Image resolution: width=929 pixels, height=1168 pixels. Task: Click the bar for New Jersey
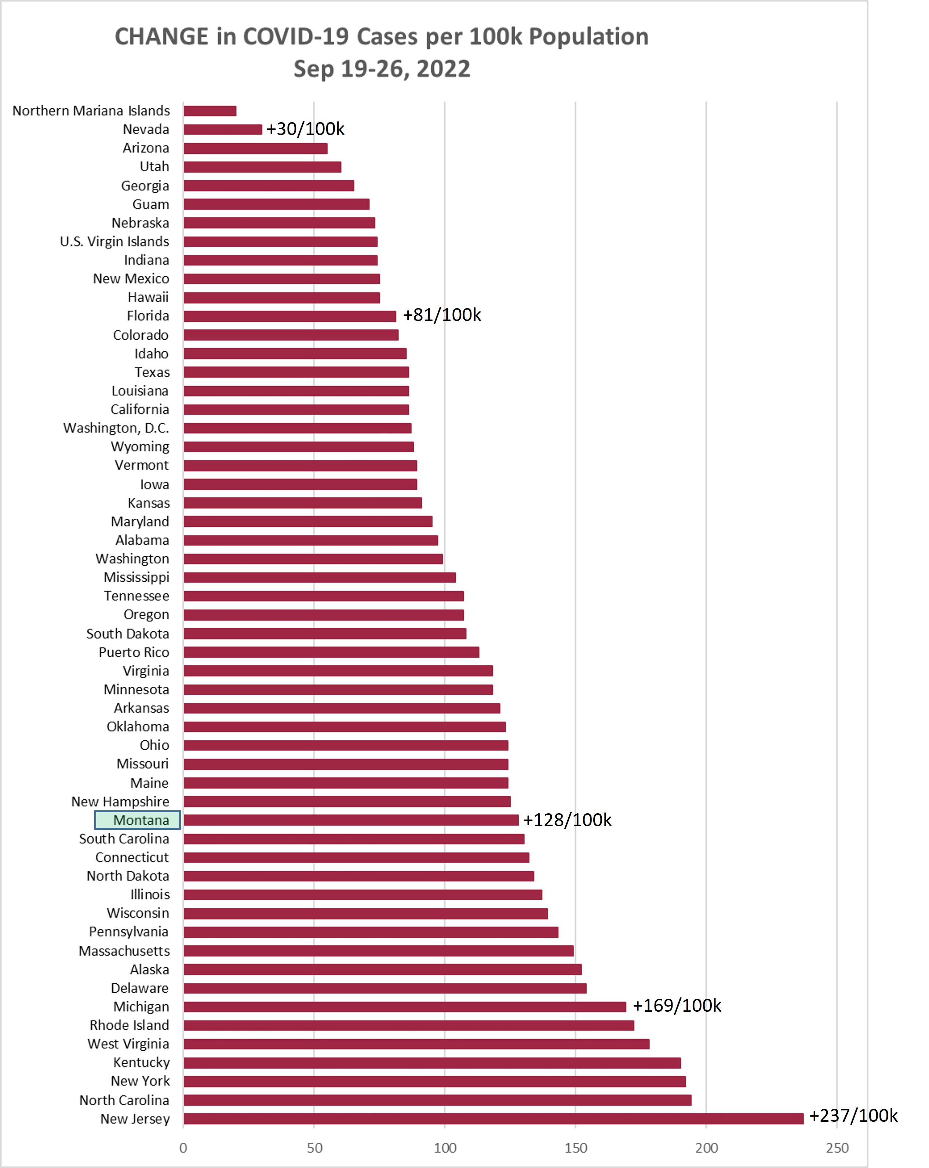click(x=493, y=1119)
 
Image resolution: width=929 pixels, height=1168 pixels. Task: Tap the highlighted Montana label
click(x=138, y=820)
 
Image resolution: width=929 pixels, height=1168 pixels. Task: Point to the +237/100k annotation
click(x=853, y=1116)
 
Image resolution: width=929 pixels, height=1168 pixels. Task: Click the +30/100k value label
click(x=306, y=129)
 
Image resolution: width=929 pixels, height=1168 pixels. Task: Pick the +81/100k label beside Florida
click(x=442, y=315)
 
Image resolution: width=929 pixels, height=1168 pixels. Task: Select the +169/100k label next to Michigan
click(x=677, y=1005)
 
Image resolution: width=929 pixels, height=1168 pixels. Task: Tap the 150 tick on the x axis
click(x=576, y=1148)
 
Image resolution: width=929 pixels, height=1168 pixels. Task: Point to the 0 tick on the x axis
click(x=183, y=1148)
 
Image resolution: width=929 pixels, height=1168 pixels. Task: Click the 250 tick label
click(x=837, y=1148)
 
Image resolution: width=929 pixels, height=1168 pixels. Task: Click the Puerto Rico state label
click(x=134, y=652)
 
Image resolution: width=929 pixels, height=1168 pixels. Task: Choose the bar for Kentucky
click(x=432, y=1063)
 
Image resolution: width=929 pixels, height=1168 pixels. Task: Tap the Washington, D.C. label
click(x=116, y=428)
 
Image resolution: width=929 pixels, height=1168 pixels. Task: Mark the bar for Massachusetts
click(x=379, y=951)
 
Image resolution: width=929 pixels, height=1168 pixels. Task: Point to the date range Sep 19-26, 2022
click(x=382, y=69)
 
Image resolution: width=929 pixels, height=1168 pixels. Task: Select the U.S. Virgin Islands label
click(x=115, y=242)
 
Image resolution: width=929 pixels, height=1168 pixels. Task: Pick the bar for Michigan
click(x=405, y=1007)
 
